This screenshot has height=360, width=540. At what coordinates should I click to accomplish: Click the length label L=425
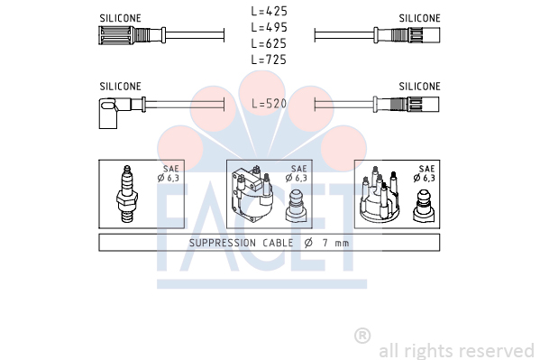[269, 12]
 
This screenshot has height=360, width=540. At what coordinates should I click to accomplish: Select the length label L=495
[269, 27]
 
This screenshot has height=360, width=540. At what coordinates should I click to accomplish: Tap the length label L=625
[269, 43]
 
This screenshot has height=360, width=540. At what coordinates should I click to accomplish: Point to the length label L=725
[269, 60]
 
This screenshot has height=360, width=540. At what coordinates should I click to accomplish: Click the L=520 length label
[269, 103]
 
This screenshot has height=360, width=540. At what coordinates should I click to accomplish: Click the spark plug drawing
[127, 194]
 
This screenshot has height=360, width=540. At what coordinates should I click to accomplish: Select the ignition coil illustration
[252, 194]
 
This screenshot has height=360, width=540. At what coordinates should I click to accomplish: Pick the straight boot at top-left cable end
[132, 35]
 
